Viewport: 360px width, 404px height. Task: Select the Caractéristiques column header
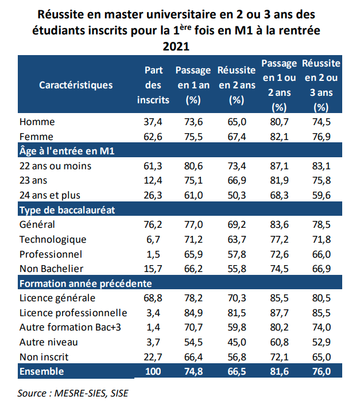tap(76, 85)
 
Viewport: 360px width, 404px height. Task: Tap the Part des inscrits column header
tap(153, 85)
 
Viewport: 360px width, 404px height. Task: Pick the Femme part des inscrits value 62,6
tap(153, 137)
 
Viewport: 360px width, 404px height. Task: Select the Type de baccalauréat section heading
tap(67, 210)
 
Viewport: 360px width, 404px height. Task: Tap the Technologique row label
tap(53, 239)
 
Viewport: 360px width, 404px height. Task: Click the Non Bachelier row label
tap(52, 269)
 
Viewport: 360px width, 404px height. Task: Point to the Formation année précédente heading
tap(86, 283)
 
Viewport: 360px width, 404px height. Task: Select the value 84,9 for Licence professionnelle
tap(192, 313)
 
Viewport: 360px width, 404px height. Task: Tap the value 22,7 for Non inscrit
tap(153, 357)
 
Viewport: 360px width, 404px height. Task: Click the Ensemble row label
tap(41, 372)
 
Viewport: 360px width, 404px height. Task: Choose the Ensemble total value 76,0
tap(321, 372)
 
